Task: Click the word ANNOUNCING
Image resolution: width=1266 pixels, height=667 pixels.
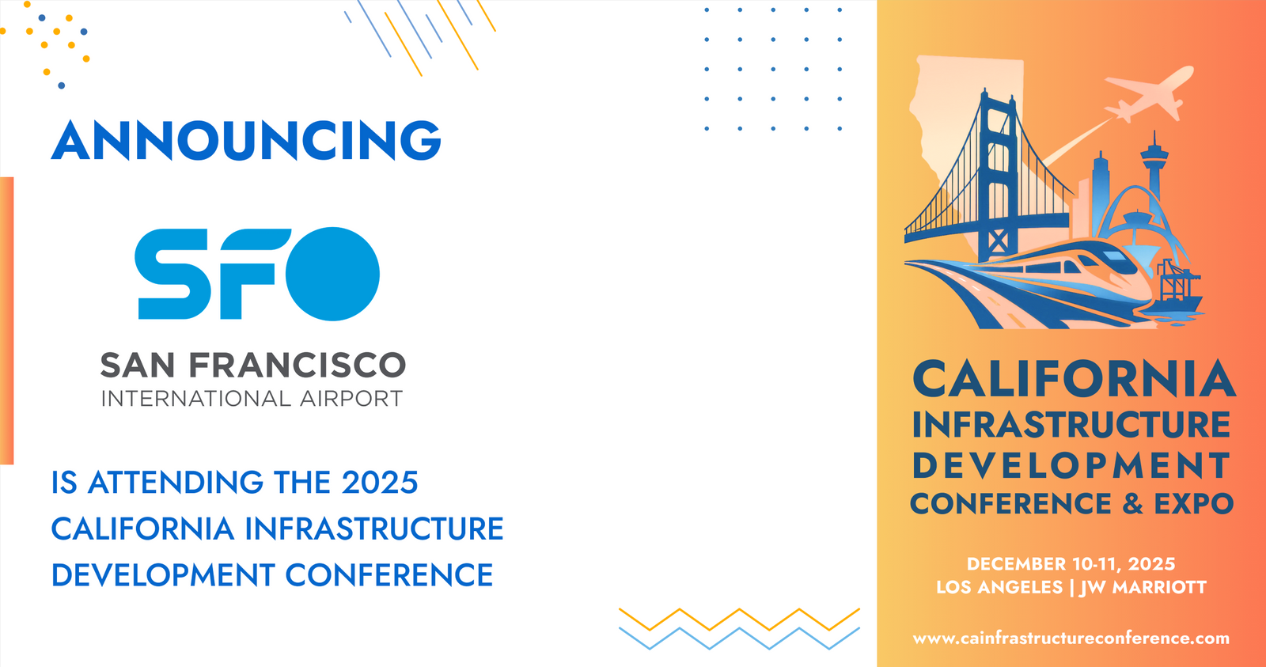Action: pyautogui.click(x=246, y=139)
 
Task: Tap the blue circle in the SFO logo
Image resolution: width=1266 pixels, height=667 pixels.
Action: pyautogui.click(x=332, y=274)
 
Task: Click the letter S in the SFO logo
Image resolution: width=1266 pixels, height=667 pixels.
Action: pyautogui.click(x=172, y=274)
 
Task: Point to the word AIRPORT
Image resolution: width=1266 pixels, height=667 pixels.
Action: pyautogui.click(x=351, y=399)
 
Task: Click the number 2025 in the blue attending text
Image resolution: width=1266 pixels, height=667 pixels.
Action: pyautogui.click(x=380, y=482)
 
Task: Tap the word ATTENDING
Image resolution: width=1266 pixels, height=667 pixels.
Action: pyautogui.click(x=176, y=482)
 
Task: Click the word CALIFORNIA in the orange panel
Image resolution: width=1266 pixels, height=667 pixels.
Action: pyautogui.click(x=1074, y=379)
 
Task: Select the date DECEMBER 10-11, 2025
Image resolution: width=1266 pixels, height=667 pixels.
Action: pyautogui.click(x=1071, y=564)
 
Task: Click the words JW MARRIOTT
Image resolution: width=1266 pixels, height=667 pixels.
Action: pyautogui.click(x=1143, y=587)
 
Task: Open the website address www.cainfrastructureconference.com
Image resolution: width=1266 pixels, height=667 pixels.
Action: pyautogui.click(x=1071, y=639)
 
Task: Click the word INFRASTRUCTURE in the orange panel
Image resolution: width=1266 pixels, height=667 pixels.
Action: pyautogui.click(x=1071, y=425)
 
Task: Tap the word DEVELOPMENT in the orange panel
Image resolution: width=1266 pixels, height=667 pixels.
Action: pyautogui.click(x=1071, y=465)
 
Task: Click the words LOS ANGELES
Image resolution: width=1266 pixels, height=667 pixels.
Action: pyautogui.click(x=999, y=587)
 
